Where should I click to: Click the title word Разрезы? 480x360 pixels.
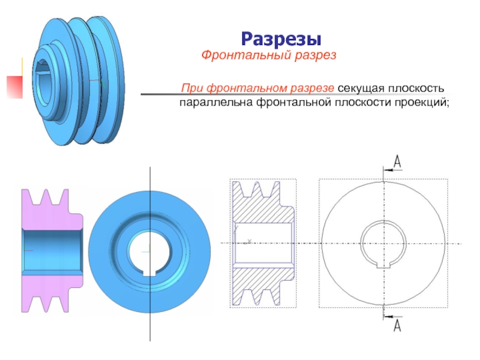click(x=281, y=39)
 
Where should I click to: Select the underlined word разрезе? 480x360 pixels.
click(x=313, y=89)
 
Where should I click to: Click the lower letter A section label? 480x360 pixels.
click(x=397, y=326)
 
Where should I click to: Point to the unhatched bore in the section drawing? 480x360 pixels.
click(x=262, y=243)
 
